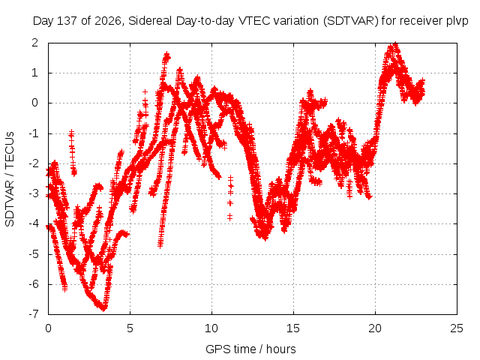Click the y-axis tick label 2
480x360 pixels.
(35, 43)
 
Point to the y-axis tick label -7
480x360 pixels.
(33, 314)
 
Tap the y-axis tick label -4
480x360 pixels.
(33, 223)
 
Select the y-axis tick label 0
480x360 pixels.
(35, 103)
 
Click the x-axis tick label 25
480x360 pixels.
(457, 328)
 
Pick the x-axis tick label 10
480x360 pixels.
(211, 328)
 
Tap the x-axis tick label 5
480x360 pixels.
(130, 328)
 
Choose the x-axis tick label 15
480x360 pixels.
(293, 328)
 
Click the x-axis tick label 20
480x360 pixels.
(375, 328)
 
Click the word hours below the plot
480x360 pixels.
(280, 349)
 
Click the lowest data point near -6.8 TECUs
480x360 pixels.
(104, 308)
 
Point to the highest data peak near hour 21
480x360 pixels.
(395, 44)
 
